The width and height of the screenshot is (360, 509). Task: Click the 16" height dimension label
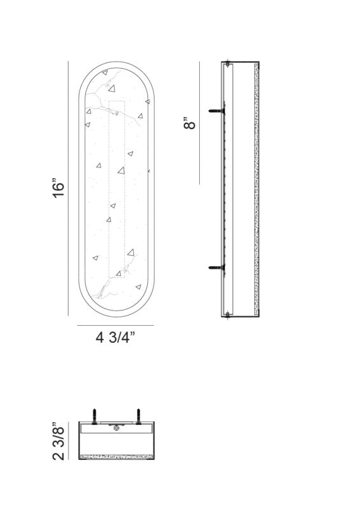59,189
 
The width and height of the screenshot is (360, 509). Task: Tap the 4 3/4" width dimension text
115,338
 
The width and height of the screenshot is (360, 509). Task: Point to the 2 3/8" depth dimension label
59,440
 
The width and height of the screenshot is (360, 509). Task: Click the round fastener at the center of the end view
116,428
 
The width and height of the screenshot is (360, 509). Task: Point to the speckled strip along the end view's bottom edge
116,456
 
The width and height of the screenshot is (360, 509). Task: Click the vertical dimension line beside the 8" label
199,123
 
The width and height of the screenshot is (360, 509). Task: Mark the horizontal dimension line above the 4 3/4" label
115,326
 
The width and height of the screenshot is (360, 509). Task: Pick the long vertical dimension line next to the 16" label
68,189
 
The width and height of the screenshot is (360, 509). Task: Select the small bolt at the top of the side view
227,64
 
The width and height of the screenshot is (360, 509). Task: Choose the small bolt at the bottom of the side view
227,312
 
